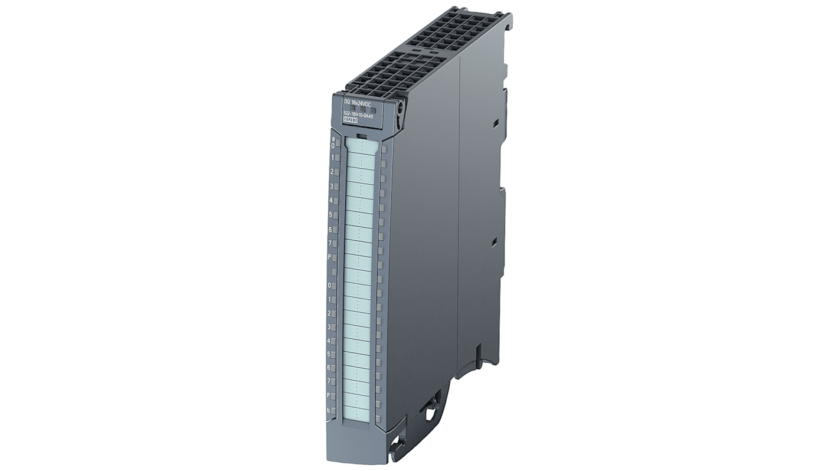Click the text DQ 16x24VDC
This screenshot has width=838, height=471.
click(362, 104)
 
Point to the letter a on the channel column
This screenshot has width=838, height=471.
click(333, 139)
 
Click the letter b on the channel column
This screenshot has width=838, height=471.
click(328, 410)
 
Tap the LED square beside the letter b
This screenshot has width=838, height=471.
click(335, 410)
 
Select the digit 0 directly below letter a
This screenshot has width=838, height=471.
click(332, 145)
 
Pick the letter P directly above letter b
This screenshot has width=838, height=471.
click(328, 395)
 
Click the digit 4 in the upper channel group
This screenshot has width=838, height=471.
click(331, 201)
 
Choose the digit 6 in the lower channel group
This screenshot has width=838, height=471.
click(328, 368)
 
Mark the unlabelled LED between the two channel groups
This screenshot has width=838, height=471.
click(335, 272)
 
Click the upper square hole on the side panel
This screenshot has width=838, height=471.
click(495, 122)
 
